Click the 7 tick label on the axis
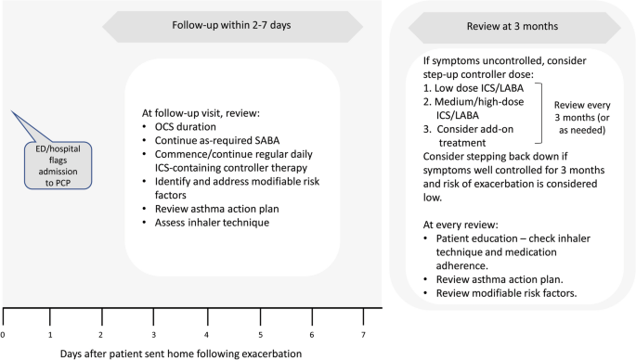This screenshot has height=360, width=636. (x=363, y=334)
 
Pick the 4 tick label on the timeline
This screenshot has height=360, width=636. (x=208, y=334)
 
